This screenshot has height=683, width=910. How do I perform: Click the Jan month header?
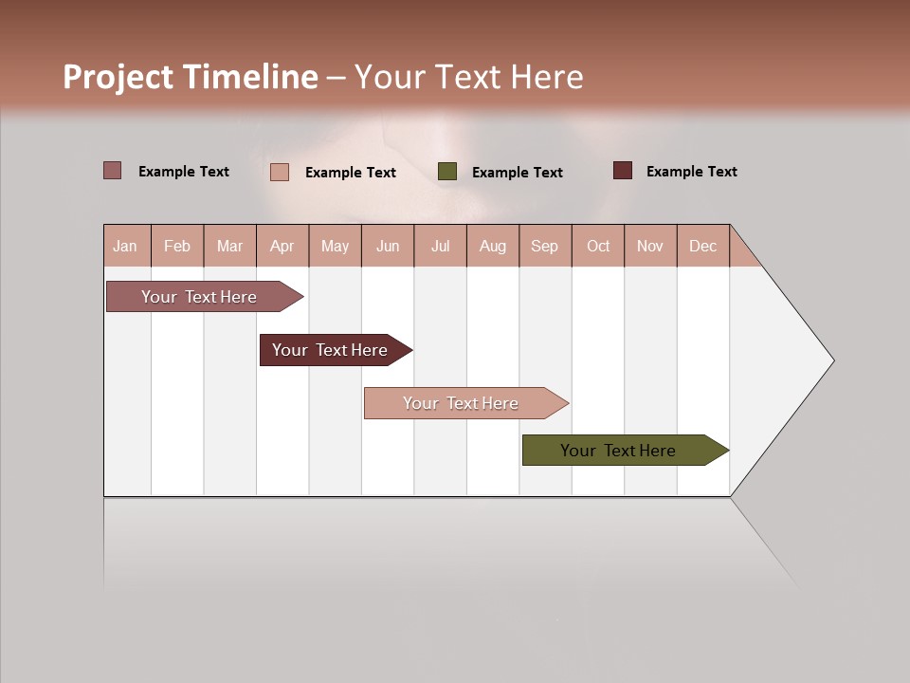[x=125, y=246]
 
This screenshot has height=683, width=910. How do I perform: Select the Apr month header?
[x=282, y=246]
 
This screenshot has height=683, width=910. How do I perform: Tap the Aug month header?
[x=492, y=246]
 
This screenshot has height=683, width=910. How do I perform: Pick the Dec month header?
[x=702, y=246]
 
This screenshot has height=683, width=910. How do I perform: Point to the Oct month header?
[x=597, y=246]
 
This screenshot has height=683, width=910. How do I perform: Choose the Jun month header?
[x=387, y=246]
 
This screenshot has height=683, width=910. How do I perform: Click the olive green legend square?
[x=447, y=172]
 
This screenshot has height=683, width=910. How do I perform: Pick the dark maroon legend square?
[x=622, y=171]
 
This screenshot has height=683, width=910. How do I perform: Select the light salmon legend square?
[x=279, y=172]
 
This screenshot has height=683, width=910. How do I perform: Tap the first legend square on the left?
[x=112, y=171]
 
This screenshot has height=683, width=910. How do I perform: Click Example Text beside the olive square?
[x=517, y=173]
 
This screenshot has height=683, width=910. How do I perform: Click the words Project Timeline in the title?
[x=190, y=77]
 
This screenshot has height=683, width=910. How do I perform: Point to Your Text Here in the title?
[x=469, y=77]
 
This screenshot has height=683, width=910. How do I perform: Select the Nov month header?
[x=649, y=246]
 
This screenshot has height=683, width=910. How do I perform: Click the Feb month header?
[x=177, y=246]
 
